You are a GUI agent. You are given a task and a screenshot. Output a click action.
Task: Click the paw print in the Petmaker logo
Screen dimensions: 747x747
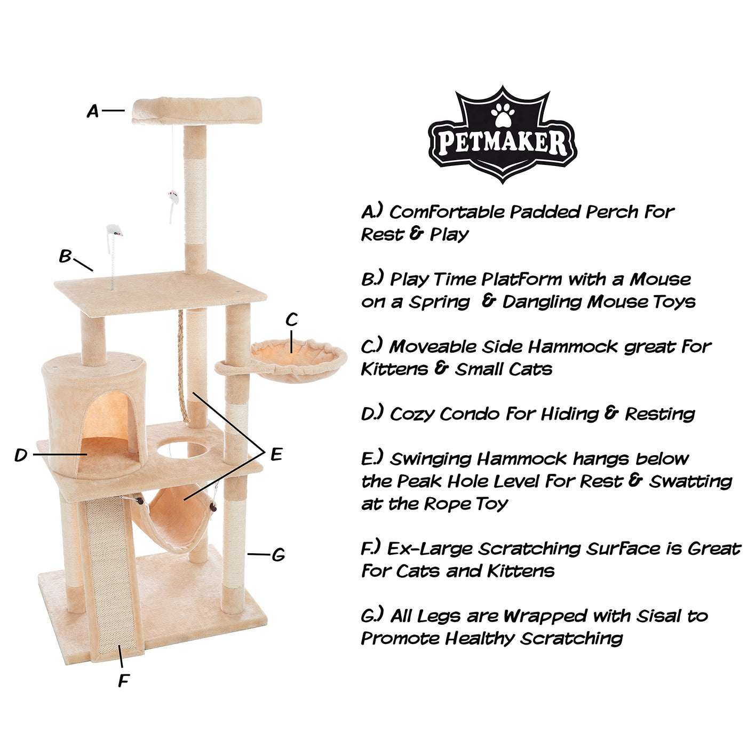click(x=503, y=114)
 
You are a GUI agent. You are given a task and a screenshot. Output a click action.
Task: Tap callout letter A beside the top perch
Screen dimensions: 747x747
click(x=93, y=112)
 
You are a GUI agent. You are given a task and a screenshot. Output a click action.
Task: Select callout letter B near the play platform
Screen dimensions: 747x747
click(x=65, y=256)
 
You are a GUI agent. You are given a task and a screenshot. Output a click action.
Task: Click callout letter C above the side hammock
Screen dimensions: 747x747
click(x=291, y=320)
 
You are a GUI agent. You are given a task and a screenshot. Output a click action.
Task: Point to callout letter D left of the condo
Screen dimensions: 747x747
click(x=21, y=455)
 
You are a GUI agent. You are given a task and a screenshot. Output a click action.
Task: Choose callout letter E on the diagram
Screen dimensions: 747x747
click(x=276, y=454)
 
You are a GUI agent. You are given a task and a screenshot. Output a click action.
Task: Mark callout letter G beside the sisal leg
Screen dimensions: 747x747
click(x=279, y=555)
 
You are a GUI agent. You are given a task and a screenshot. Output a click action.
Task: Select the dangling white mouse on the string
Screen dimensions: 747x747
click(x=172, y=203)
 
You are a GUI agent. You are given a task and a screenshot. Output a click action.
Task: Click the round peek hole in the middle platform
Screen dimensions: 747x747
click(x=182, y=449)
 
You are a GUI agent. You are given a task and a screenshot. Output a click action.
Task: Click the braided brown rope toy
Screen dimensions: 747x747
click(x=183, y=366)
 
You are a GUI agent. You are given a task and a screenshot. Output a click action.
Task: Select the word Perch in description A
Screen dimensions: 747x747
click(x=611, y=212)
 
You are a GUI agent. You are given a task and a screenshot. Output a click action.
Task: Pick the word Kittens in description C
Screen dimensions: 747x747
click(x=394, y=369)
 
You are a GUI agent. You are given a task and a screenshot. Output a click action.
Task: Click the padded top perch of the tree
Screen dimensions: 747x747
click(x=197, y=110)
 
